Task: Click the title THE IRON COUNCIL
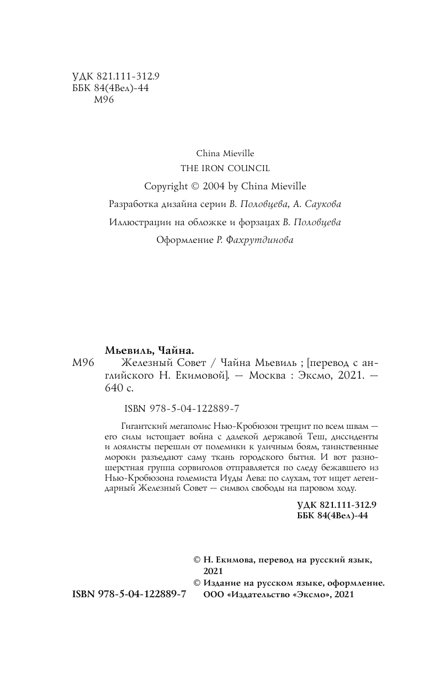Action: (x=225, y=168)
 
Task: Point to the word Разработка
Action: (x=133, y=204)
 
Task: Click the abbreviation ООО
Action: (x=214, y=594)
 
